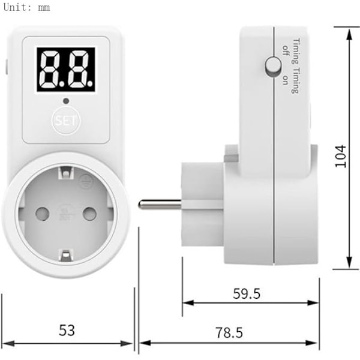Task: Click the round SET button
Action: pos(66,121)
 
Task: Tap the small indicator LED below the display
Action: pos(66,101)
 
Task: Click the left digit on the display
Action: pos(52,70)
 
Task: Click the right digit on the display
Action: pos(79,70)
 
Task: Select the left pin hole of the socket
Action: pos(42,214)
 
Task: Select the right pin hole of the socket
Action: pos(89,214)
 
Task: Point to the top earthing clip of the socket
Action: pos(65,173)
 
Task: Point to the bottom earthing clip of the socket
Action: pos(66,256)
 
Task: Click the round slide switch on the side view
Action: pos(273,65)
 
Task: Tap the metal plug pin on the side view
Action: pos(160,205)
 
